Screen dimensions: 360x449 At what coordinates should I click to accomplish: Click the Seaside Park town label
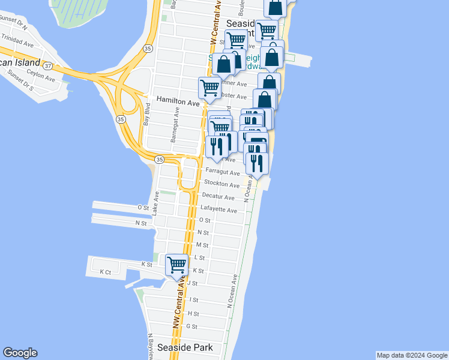(185, 347)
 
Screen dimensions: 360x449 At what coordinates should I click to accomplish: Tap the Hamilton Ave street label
(178, 103)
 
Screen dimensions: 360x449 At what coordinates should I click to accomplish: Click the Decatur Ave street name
(218, 197)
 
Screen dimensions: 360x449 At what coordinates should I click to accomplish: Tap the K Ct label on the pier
(105, 272)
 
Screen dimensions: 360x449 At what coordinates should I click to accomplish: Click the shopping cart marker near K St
(176, 265)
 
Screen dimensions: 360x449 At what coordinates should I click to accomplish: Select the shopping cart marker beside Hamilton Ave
(209, 88)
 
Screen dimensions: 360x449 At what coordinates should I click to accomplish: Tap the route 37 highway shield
(48, 65)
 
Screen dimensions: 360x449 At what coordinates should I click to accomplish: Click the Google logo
(20, 353)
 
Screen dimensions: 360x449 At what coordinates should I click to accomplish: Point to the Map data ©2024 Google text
(412, 355)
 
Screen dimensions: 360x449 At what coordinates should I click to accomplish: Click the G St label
(192, 326)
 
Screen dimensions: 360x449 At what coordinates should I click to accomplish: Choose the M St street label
(202, 245)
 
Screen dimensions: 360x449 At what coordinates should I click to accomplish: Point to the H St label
(193, 314)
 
